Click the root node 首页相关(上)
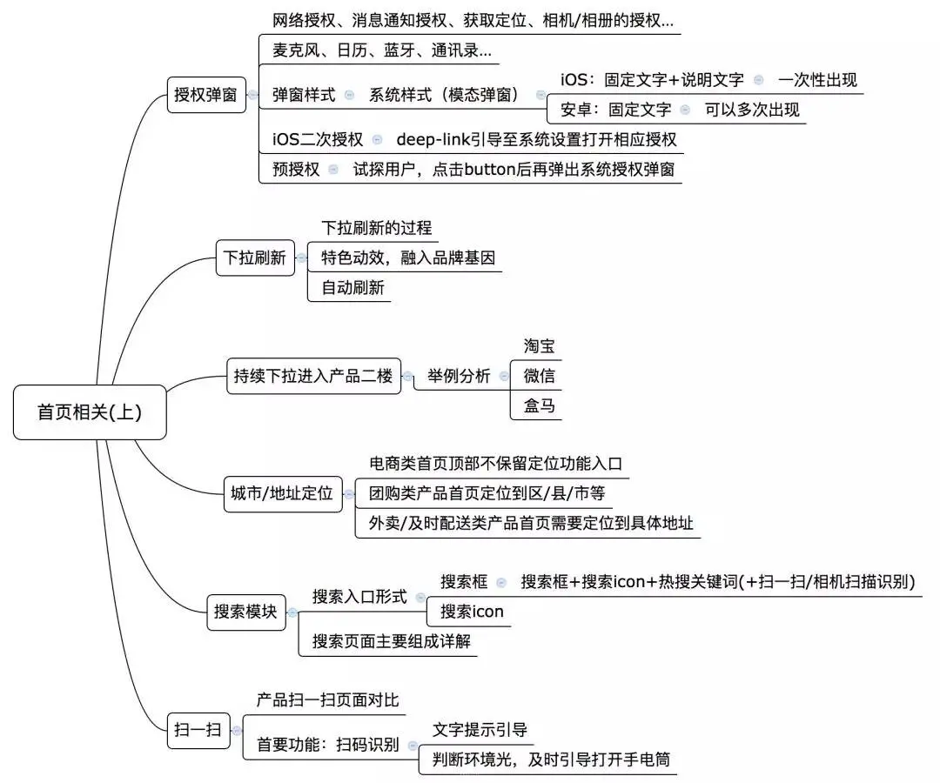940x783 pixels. (89, 412)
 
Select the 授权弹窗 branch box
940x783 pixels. (205, 95)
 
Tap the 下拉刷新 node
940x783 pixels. (255, 258)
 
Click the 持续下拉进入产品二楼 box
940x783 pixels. (313, 377)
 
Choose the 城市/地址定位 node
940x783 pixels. (282, 493)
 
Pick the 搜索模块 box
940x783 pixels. (245, 612)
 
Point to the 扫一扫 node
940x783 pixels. (198, 730)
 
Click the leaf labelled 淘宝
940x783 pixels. (540, 346)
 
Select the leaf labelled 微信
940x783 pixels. (540, 376)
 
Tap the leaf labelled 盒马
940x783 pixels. (540, 405)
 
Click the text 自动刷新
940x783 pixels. (352, 287)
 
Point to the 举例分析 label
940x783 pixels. (458, 377)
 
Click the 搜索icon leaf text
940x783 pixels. (472, 611)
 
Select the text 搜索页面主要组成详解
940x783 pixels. (393, 641)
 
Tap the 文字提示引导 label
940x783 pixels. (480, 729)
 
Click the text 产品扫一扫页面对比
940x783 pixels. (327, 699)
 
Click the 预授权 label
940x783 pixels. (296, 169)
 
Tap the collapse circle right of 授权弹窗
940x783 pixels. (252, 95)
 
